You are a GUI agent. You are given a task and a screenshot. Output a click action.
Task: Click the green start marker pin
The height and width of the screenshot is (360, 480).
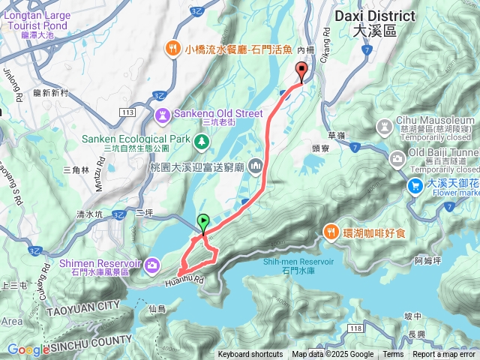203,222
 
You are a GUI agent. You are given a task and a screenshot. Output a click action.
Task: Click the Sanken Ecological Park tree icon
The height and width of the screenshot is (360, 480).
201,140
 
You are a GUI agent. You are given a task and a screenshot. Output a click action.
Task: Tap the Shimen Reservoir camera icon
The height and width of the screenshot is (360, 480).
152,264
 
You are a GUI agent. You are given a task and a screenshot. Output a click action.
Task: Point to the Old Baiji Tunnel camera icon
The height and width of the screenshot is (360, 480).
397,158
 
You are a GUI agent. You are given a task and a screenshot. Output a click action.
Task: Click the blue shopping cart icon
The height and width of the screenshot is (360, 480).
414,184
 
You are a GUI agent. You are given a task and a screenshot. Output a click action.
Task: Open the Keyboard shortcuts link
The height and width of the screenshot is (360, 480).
250,355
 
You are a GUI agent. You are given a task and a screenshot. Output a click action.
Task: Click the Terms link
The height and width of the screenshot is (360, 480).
393,355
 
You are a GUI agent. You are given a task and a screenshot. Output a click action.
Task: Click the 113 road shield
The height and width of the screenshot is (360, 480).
127,112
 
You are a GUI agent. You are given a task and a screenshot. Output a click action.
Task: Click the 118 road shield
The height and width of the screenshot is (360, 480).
355,328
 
